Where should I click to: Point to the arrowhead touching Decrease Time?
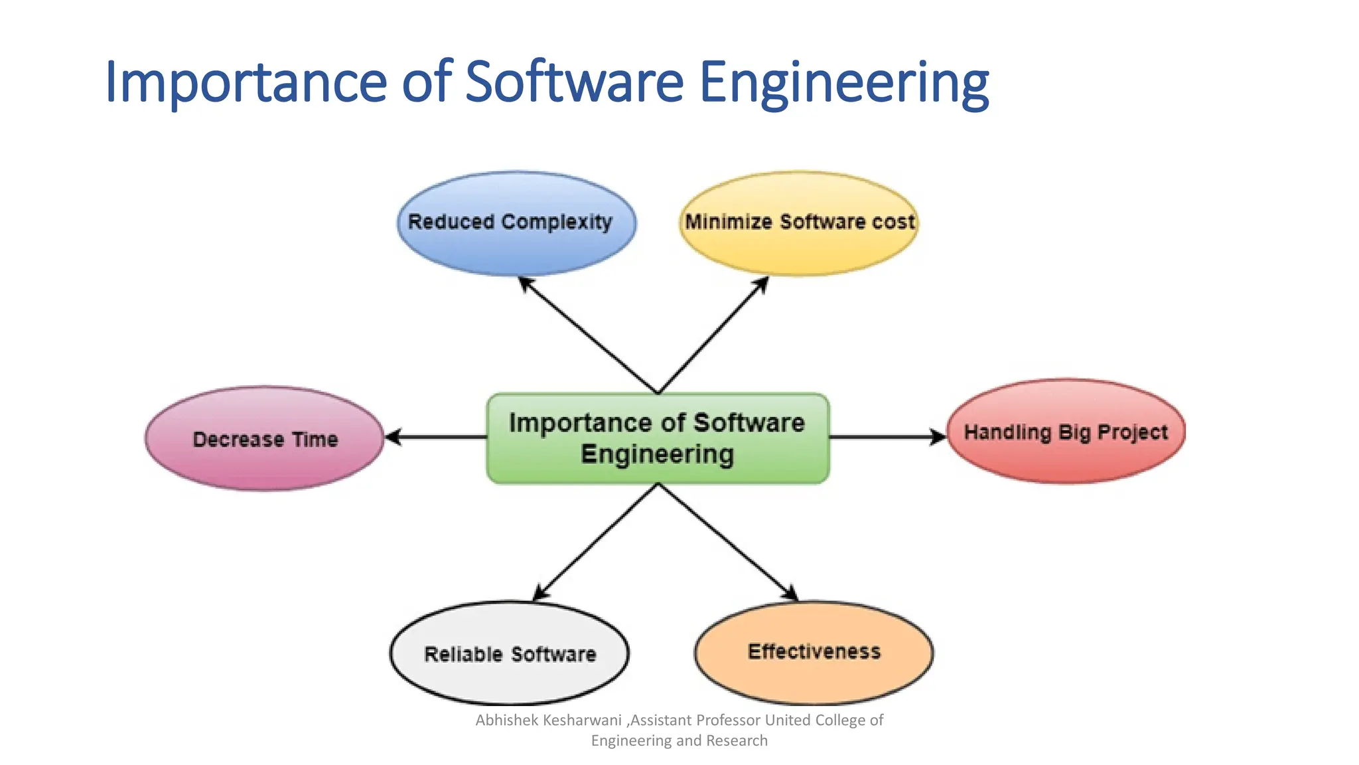pos(393,437)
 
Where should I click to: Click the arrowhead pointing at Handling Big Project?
pos(938,437)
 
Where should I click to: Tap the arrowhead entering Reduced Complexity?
pos(526,284)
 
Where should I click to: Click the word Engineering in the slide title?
pos(843,83)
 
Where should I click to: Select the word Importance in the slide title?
pos(246,83)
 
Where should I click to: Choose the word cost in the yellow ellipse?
pos(893,222)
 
